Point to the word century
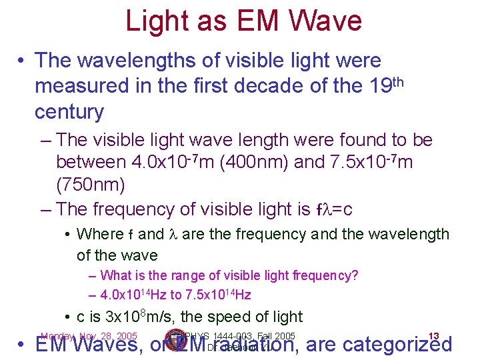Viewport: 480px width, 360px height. pyautogui.click(x=69, y=112)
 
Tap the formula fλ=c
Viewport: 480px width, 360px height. pyautogui.click(x=333, y=209)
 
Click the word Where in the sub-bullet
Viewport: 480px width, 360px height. pyautogui.click(x=99, y=235)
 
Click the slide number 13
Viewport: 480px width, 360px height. pyautogui.click(x=433, y=336)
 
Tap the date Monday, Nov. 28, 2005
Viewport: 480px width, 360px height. pyautogui.click(x=89, y=336)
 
